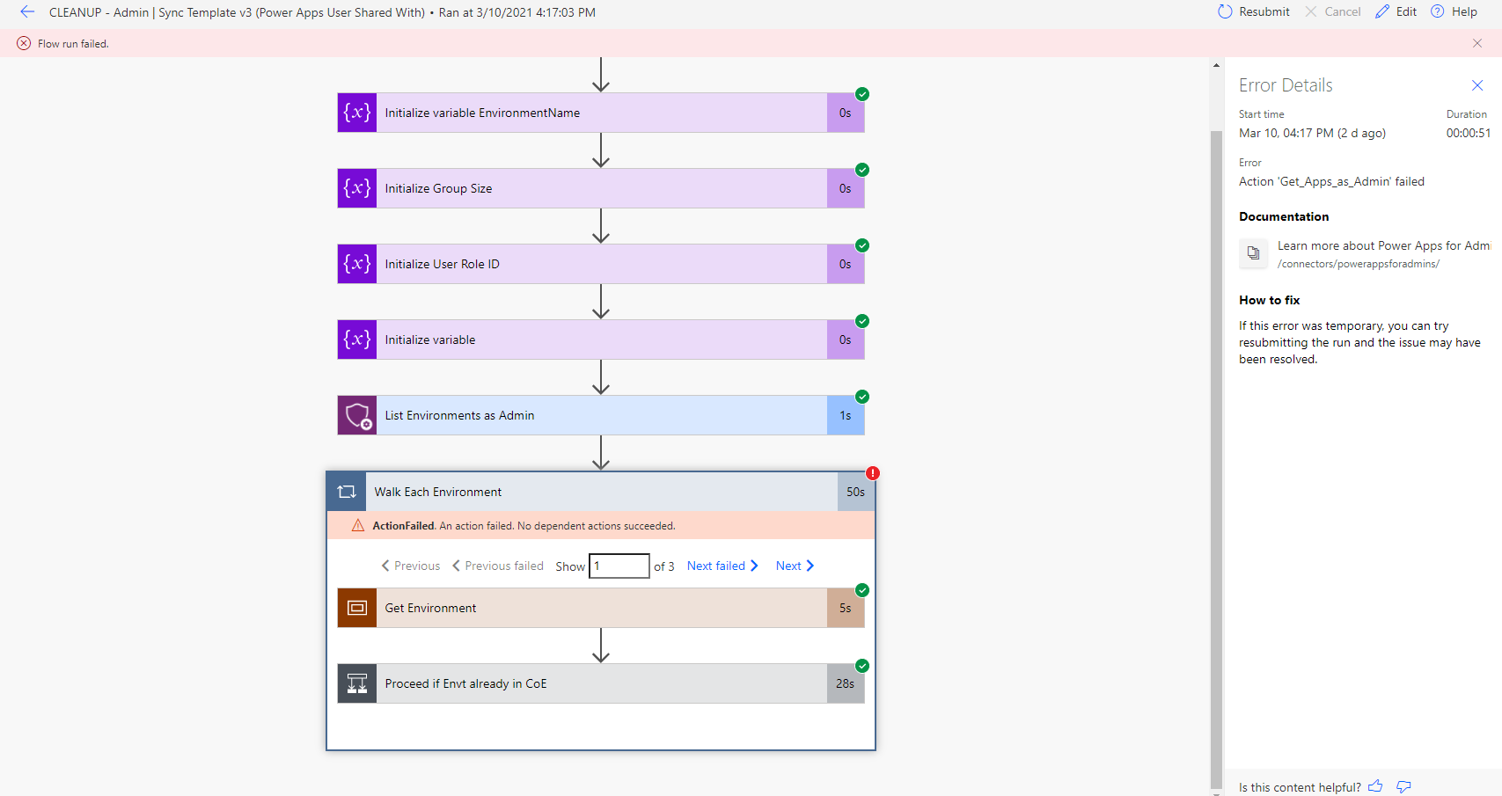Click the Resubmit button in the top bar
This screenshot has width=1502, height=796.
(x=1254, y=11)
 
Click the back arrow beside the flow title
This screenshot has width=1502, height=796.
(x=27, y=11)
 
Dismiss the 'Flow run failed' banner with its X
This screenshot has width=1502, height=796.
(x=1477, y=43)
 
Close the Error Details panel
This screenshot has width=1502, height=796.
(x=1477, y=85)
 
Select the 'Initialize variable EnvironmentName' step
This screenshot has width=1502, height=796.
(x=482, y=113)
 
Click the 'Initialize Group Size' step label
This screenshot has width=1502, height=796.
(x=438, y=188)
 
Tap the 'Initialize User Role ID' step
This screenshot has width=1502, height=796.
(x=442, y=264)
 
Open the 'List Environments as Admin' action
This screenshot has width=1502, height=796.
(x=459, y=415)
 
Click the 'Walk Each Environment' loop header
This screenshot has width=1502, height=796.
(x=438, y=492)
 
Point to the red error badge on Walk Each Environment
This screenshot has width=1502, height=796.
(x=873, y=473)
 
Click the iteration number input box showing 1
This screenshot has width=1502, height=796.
(x=619, y=566)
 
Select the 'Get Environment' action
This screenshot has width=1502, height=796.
(x=430, y=608)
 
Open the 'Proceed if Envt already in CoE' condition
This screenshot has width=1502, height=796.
(x=465, y=683)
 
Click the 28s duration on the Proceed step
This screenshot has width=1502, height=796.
(x=845, y=683)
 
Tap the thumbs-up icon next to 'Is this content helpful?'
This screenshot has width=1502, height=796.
(x=1375, y=786)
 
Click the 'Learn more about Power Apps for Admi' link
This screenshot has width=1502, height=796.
(x=1383, y=245)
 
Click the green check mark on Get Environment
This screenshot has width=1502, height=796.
(x=862, y=590)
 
